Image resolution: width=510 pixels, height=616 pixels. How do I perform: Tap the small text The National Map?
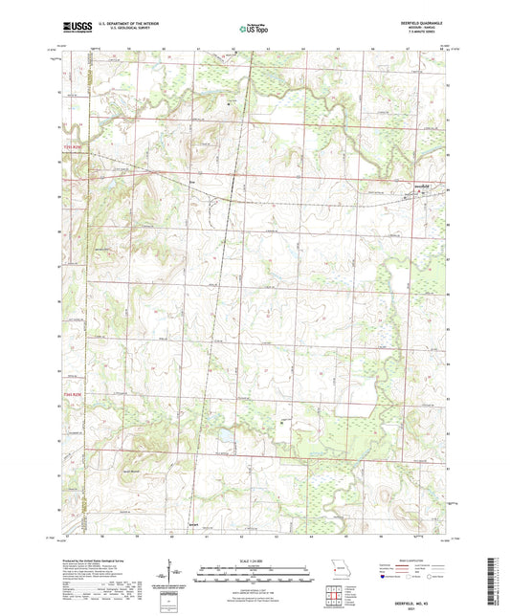point(251,24)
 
